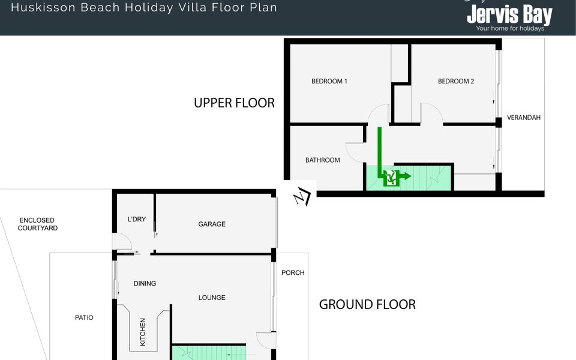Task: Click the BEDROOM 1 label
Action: pos(329,82)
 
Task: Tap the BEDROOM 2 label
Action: pos(456,82)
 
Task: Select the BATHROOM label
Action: pos(323,160)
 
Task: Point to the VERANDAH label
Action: pos(524,118)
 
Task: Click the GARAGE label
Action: pos(212,224)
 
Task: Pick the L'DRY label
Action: pos(137,220)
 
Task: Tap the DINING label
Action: pos(145,284)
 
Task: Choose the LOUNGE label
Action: pos(212,298)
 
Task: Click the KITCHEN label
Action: pos(143,331)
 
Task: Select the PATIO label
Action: pos(84,318)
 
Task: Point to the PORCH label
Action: pos(293,273)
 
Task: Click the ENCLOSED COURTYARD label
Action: pos(37,224)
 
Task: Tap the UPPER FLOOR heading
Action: pos(234,103)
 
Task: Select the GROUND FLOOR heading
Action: pos(367,304)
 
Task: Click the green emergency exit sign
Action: pos(391,177)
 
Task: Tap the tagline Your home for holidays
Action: pos(509,28)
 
